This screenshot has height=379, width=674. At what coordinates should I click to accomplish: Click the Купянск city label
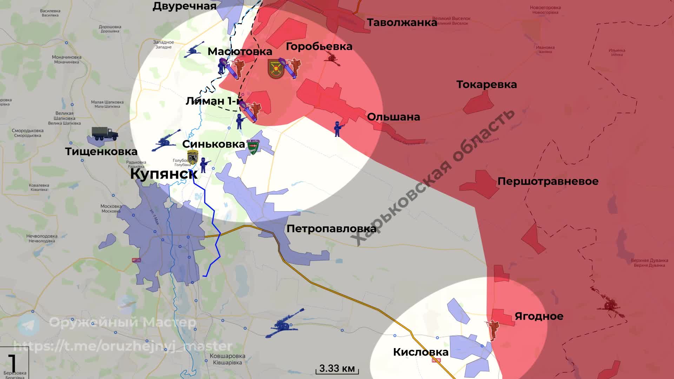tap(163, 174)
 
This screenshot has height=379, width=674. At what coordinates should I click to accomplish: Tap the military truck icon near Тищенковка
tap(104, 134)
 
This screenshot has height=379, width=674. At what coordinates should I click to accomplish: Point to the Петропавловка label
tap(331, 229)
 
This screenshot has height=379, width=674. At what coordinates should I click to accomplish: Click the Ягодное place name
tap(539, 316)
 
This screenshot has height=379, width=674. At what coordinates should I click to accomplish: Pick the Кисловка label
tap(421, 352)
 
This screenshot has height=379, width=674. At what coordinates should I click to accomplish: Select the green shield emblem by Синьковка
tap(253, 147)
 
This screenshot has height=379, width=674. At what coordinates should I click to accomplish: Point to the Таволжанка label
tap(402, 23)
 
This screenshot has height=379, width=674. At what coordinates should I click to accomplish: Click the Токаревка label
tap(487, 85)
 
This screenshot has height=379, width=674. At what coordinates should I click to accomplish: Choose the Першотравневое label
tap(548, 181)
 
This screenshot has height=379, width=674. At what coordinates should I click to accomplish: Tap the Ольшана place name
tap(394, 117)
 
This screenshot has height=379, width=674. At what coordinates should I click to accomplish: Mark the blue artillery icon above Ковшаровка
tap(284, 324)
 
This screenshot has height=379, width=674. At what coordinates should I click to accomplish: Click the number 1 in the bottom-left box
tap(12, 363)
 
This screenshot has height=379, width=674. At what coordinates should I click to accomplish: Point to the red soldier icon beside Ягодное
tap(493, 329)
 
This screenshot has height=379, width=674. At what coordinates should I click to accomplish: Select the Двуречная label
tap(184, 6)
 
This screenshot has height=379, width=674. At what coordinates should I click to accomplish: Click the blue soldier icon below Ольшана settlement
tap(338, 129)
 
